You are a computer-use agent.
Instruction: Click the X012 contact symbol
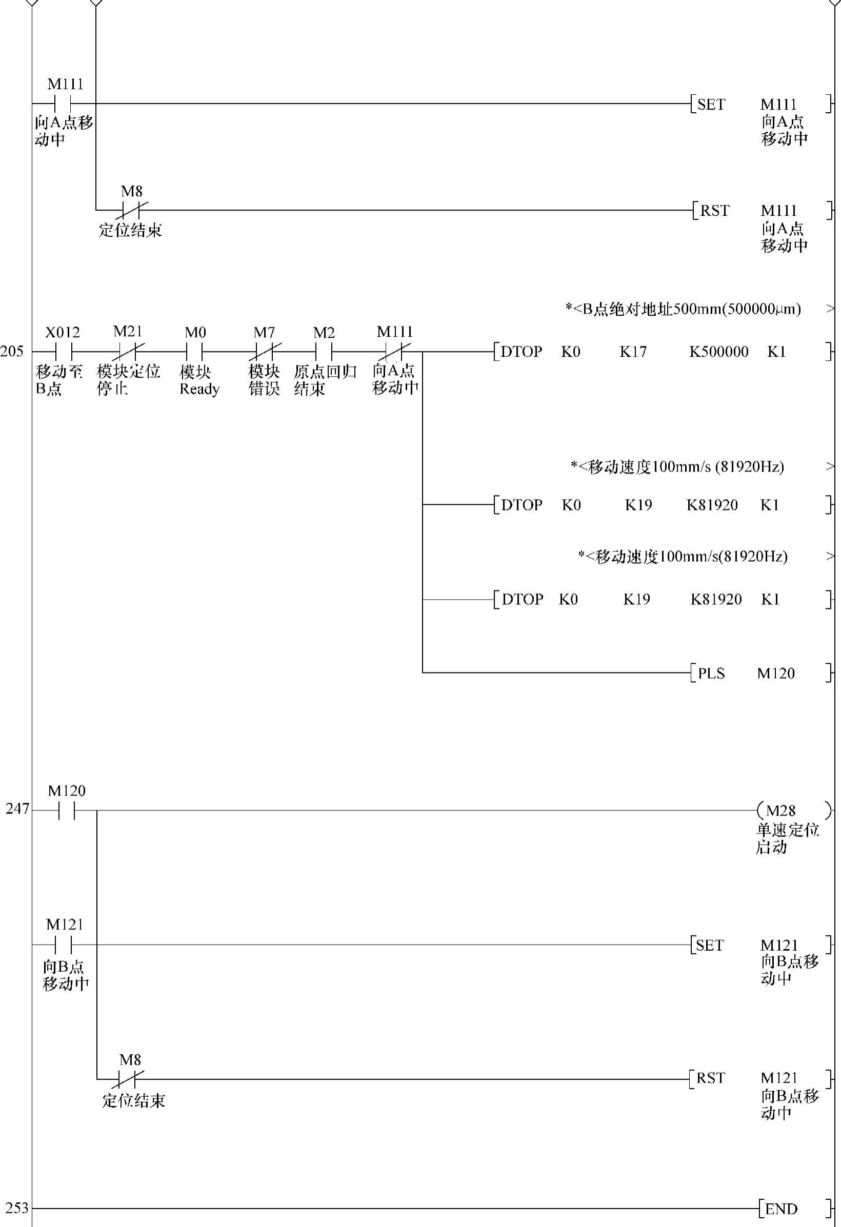pos(64,352)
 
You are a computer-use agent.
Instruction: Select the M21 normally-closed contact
pos(128,352)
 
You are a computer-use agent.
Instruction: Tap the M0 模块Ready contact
pos(194,352)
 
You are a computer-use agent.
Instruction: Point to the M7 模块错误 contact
pos(264,352)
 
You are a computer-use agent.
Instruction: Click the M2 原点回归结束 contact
pos(323,352)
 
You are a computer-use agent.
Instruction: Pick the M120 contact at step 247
pos(67,810)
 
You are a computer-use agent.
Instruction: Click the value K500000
pos(718,352)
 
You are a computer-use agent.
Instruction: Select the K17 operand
pos(633,352)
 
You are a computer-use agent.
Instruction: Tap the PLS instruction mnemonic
pos(711,673)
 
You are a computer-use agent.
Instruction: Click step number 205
pos(12,352)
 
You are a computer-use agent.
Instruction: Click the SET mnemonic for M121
pos(709,945)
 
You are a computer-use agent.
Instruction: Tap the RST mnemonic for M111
pos(714,211)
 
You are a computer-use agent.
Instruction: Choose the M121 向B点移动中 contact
pos(64,945)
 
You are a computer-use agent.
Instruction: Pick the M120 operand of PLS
pos(775,673)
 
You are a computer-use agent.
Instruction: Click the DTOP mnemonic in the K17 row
pos(521,352)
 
